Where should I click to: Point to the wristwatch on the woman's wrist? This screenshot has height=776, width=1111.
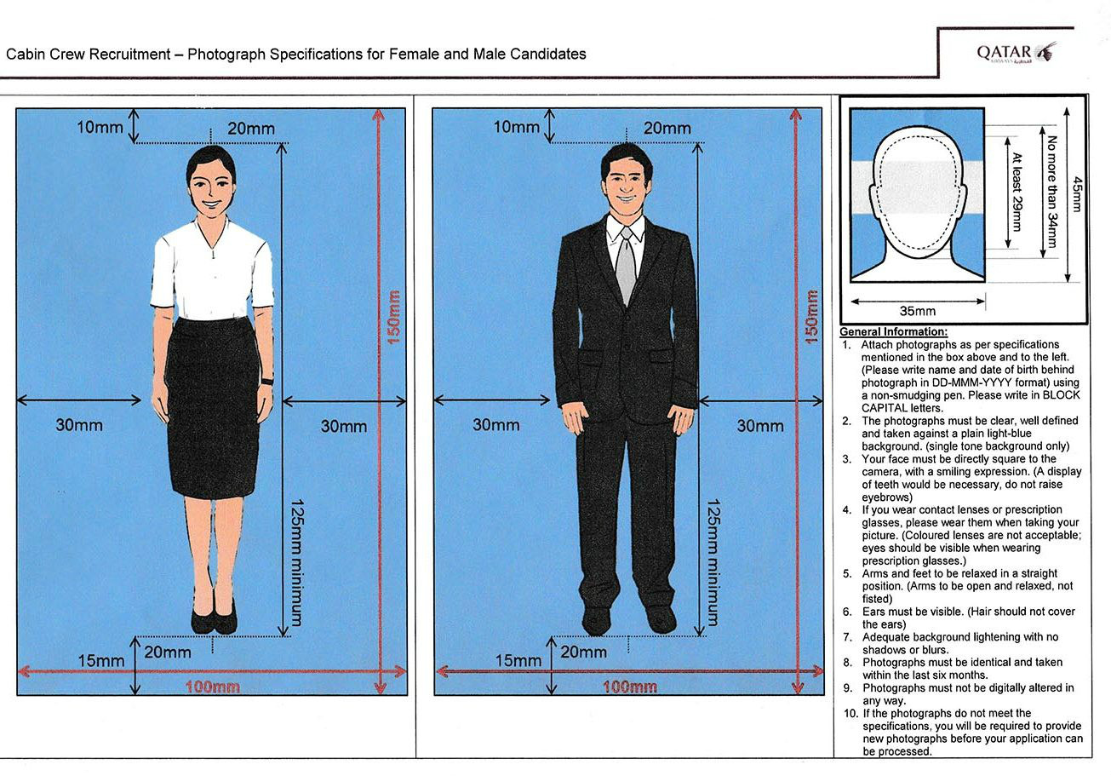[x=267, y=381]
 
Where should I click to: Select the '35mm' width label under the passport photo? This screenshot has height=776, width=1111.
[x=917, y=311]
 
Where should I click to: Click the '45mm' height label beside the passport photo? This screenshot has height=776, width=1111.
[x=1076, y=194]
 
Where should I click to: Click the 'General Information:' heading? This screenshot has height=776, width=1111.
[x=893, y=331]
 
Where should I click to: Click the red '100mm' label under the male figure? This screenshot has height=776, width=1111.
[x=629, y=687]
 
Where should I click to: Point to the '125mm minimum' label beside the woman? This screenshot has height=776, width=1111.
[x=295, y=562]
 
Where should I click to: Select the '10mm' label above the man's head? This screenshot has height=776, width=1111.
[x=517, y=127]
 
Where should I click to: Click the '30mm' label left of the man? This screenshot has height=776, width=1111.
[x=495, y=424]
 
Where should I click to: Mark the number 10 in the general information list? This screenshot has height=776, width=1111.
[x=850, y=713]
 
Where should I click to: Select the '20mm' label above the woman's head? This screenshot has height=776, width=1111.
[x=250, y=128]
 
